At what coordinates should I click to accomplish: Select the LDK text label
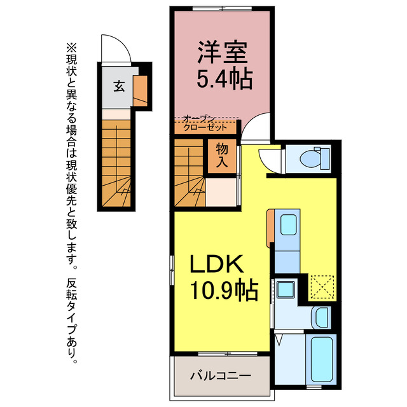[x=217, y=264]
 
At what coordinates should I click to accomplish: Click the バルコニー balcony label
[x=221, y=376]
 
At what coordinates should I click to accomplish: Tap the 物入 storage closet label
[x=222, y=155]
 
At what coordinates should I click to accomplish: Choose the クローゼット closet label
[x=205, y=127]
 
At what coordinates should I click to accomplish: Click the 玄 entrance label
[x=119, y=86]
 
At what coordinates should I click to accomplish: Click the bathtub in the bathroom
[x=322, y=359]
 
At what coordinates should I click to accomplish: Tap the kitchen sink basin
[x=288, y=224]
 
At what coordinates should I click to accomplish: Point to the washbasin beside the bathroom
[x=321, y=317]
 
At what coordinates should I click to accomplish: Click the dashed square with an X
[x=322, y=287]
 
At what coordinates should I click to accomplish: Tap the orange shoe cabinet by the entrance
[x=140, y=90]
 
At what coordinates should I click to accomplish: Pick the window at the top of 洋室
[x=222, y=8]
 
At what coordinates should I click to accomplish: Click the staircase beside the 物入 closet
[x=189, y=173]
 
